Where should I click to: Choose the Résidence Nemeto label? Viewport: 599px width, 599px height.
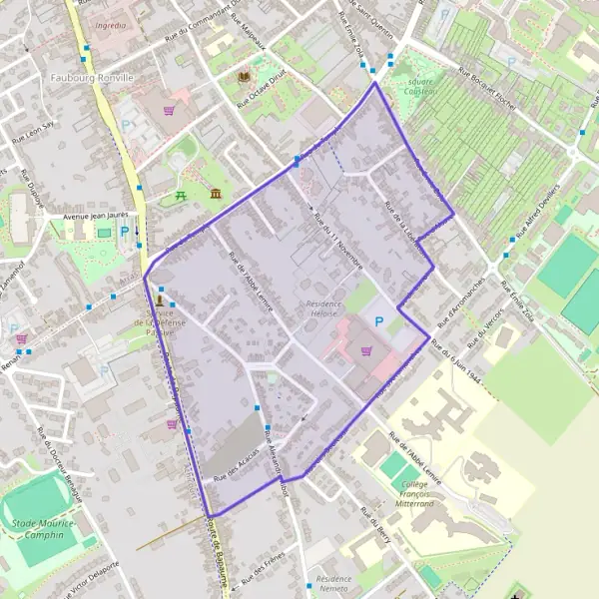[x=333, y=584]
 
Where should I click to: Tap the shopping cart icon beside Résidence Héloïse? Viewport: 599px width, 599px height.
[x=365, y=350]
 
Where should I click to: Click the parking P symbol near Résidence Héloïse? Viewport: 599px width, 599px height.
[x=378, y=321]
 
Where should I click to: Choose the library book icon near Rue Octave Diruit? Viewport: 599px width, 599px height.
[x=244, y=76]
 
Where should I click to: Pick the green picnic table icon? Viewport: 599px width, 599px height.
[x=181, y=196]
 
